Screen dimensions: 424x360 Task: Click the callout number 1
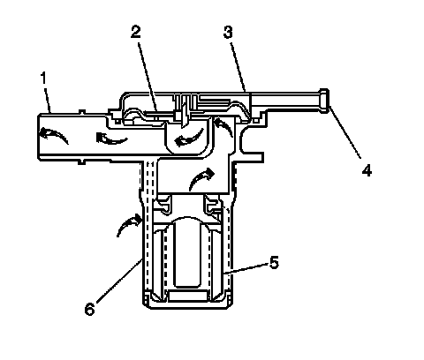[x=43, y=78]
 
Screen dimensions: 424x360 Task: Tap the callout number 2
[x=136, y=32]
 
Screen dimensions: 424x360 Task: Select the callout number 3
[x=228, y=32]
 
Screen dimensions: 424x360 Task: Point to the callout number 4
[x=367, y=170]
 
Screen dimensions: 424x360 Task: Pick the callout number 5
[x=274, y=262]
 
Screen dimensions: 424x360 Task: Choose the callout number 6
[x=89, y=310]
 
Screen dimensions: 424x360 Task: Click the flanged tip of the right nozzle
[x=324, y=101]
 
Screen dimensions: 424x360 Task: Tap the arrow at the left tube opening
[x=53, y=134]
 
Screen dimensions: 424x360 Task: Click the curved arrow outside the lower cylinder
[x=129, y=224]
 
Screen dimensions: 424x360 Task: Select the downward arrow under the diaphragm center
[x=184, y=116]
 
